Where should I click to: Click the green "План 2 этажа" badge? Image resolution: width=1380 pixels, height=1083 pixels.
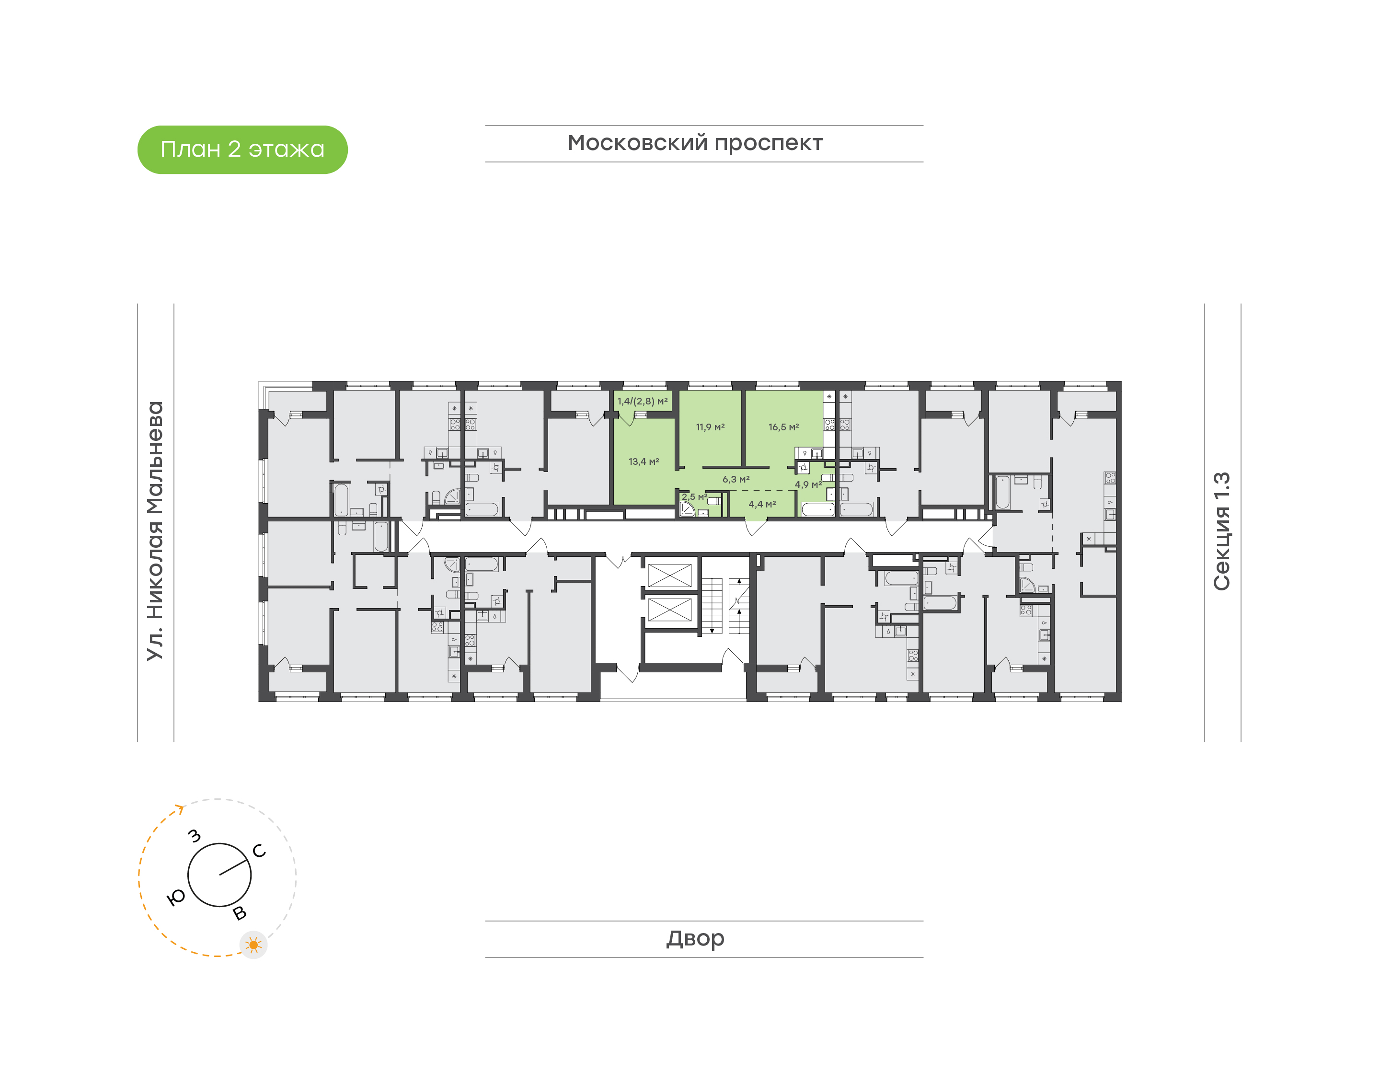(x=242, y=150)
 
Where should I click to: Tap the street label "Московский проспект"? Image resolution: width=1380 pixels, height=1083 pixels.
(x=695, y=144)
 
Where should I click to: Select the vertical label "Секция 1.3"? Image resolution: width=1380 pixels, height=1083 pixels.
(x=1221, y=531)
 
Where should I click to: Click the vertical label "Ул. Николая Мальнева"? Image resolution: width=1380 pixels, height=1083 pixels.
(x=155, y=531)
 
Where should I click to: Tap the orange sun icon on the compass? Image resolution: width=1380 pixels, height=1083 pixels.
(x=253, y=945)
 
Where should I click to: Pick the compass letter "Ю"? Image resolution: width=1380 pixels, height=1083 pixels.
(x=175, y=897)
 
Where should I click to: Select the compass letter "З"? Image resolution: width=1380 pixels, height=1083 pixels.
(x=195, y=836)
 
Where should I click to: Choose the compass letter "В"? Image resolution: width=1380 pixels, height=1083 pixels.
(x=240, y=913)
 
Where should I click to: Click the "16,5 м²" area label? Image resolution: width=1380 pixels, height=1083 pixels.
(x=783, y=427)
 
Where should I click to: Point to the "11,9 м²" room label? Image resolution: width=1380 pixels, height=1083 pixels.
(x=710, y=427)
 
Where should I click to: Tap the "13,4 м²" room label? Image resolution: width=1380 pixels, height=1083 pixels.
(x=644, y=461)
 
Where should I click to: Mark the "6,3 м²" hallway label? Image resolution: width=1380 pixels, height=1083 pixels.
(x=736, y=479)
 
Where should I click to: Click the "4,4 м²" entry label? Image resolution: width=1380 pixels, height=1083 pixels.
(x=762, y=504)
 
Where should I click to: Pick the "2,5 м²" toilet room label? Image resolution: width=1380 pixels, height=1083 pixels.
(x=694, y=497)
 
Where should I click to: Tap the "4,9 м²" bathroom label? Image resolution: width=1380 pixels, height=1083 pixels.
(x=808, y=484)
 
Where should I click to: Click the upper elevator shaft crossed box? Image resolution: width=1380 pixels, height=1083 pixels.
(x=669, y=576)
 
